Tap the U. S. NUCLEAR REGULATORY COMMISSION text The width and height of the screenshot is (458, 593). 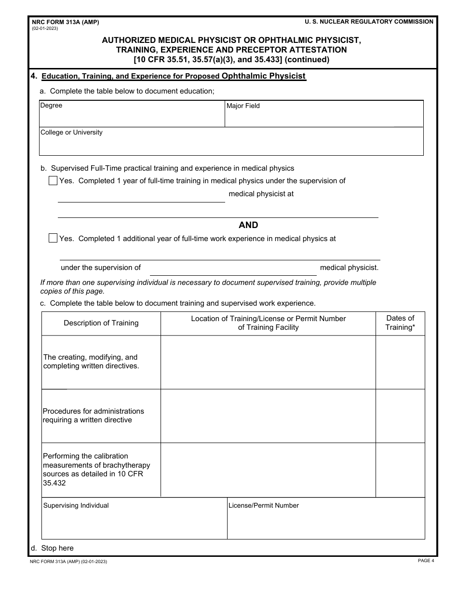[369, 22]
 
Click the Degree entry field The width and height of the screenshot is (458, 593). [132, 117]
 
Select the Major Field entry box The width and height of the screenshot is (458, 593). [324, 117]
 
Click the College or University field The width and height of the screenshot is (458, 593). [231, 145]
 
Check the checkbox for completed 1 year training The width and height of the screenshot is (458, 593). [53, 181]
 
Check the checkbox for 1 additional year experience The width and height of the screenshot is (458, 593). [53, 238]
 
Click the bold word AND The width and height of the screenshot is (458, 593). [248, 225]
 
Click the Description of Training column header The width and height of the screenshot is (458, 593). [101, 323]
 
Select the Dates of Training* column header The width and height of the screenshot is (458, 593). [400, 323]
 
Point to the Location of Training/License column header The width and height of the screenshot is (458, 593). [268, 323]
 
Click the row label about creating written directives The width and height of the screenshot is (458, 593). [91, 362]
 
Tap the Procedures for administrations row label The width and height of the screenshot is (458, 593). [94, 416]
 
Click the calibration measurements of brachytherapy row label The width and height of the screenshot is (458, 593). [96, 469]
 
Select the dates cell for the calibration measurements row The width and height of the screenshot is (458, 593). [400, 470]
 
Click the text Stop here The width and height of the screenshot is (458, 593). [57, 548]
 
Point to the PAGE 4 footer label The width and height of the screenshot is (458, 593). [426, 561]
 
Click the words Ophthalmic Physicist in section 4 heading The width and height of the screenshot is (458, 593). [264, 76]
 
